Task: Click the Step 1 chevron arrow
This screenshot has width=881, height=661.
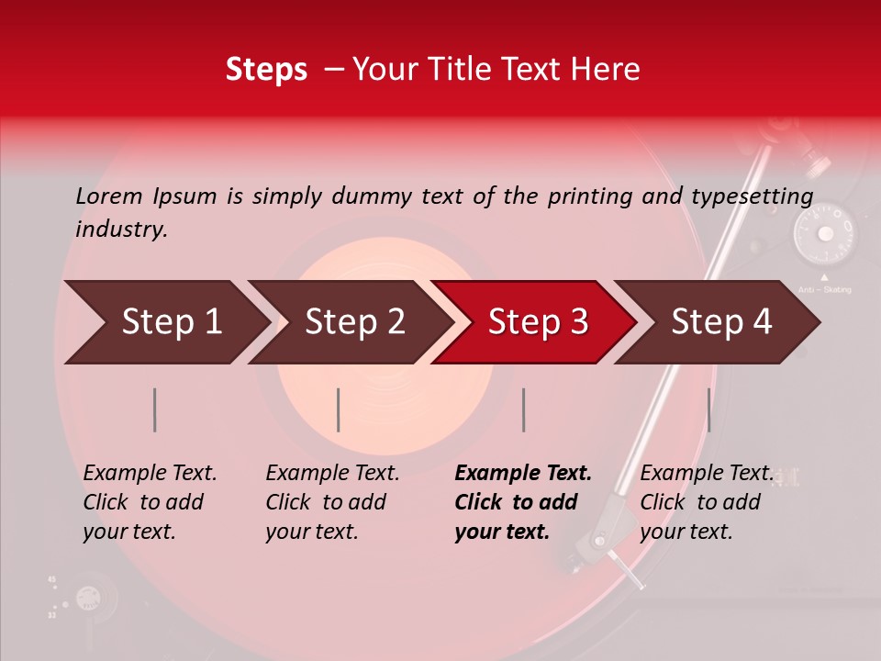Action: [165, 322]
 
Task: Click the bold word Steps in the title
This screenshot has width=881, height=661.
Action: [266, 70]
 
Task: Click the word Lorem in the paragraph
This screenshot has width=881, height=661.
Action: [108, 196]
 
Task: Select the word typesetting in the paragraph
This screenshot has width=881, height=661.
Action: [752, 196]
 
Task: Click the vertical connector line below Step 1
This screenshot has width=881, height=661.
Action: [155, 409]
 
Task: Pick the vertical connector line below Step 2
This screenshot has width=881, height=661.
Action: [339, 409]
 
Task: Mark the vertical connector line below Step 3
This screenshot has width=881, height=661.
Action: [524, 409]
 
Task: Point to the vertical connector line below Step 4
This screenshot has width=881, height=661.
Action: [709, 409]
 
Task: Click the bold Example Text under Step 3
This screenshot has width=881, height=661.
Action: [523, 474]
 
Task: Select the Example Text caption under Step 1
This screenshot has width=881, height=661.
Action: [150, 474]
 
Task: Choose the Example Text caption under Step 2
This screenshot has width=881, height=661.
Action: [332, 474]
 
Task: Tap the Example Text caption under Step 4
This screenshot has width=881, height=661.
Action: [707, 474]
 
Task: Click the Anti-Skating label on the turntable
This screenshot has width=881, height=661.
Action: [824, 290]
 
